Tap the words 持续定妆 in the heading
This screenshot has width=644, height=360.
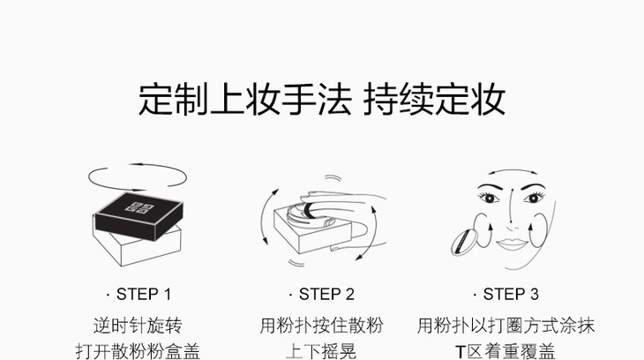click(x=435, y=99)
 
